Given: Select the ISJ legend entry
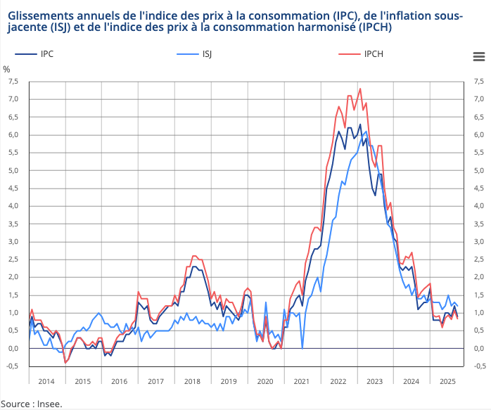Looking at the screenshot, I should (208, 54).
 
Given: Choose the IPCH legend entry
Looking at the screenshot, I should (374, 54).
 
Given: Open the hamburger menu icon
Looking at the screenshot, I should (478, 56).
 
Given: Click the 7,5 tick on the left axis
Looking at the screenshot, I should (13, 82).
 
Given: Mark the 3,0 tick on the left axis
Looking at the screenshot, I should (13, 241).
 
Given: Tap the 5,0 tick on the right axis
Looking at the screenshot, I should (479, 170).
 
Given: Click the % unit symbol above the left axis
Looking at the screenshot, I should (6, 69).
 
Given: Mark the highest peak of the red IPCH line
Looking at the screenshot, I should (360, 89).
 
